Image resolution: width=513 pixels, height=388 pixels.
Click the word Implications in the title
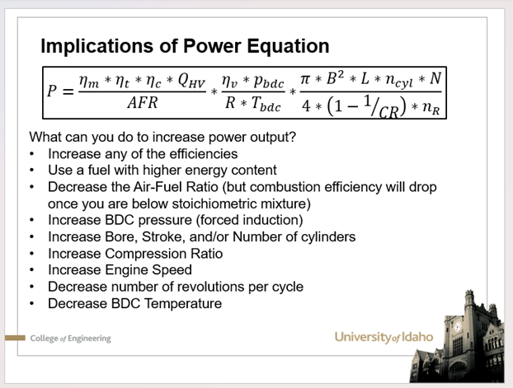96,46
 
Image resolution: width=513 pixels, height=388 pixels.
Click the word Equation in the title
288,45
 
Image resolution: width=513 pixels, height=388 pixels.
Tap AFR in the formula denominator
143,103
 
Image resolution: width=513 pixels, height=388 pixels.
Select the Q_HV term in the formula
191,81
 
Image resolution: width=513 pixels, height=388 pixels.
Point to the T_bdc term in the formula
266,104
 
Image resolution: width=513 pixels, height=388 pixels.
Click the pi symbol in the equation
304,79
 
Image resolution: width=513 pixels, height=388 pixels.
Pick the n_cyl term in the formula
399,81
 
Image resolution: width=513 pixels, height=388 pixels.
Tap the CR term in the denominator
388,112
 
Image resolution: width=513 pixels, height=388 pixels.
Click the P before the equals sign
52,91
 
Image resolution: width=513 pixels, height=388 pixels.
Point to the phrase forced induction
250,220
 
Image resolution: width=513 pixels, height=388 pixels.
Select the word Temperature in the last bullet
183,304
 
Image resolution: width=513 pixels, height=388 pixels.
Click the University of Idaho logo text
384,337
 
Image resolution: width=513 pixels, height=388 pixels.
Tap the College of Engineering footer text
70,339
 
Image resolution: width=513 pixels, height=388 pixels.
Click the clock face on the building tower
458,325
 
